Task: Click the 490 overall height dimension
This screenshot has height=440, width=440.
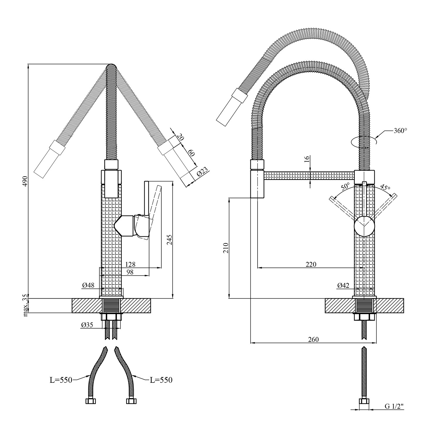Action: [x=25, y=182]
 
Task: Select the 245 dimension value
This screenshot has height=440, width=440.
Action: [x=170, y=240]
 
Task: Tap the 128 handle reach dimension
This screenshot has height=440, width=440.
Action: [x=130, y=265]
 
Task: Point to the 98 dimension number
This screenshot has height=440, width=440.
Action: [x=130, y=272]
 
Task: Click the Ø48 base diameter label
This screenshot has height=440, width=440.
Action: [x=88, y=285]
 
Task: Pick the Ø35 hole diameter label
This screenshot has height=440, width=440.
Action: [x=87, y=325]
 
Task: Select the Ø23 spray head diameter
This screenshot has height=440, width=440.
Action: [x=202, y=171]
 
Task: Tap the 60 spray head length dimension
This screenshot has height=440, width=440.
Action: [x=191, y=153]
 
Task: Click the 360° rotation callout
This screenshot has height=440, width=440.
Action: [x=400, y=131]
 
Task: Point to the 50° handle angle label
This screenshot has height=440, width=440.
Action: [x=345, y=186]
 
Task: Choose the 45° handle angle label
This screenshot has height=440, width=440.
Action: [x=385, y=187]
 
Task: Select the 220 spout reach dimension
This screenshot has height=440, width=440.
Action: [x=311, y=264]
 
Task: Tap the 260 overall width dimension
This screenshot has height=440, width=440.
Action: [x=313, y=340]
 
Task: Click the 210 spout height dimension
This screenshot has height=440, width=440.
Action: [x=226, y=248]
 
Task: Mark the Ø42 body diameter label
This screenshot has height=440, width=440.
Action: [x=343, y=285]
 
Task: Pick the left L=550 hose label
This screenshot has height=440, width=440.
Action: [x=61, y=380]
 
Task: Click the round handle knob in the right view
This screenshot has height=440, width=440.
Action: [x=364, y=226]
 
